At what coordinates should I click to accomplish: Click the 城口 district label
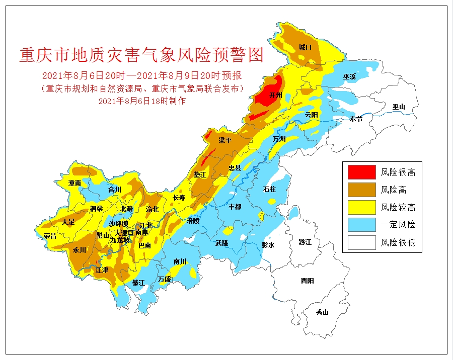click(x=305, y=47)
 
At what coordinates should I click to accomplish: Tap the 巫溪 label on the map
click(x=350, y=77)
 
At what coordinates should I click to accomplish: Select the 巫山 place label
click(x=399, y=107)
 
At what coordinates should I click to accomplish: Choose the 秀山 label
click(x=322, y=312)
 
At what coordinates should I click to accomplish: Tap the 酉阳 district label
click(x=307, y=281)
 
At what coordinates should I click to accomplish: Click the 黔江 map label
click(x=305, y=242)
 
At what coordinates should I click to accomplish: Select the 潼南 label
click(x=75, y=183)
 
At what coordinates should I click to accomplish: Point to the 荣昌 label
click(x=50, y=235)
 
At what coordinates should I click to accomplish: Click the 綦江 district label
click(x=138, y=283)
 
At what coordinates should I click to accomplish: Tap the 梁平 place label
click(x=225, y=140)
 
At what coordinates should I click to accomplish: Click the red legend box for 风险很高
click(x=361, y=172)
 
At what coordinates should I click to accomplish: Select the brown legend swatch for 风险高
click(x=361, y=190)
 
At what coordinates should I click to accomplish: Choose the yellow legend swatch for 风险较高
click(x=361, y=207)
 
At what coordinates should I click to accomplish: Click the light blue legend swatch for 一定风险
click(x=361, y=225)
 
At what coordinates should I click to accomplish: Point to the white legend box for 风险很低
click(x=361, y=243)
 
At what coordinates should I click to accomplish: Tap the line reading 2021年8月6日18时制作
click(x=142, y=101)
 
